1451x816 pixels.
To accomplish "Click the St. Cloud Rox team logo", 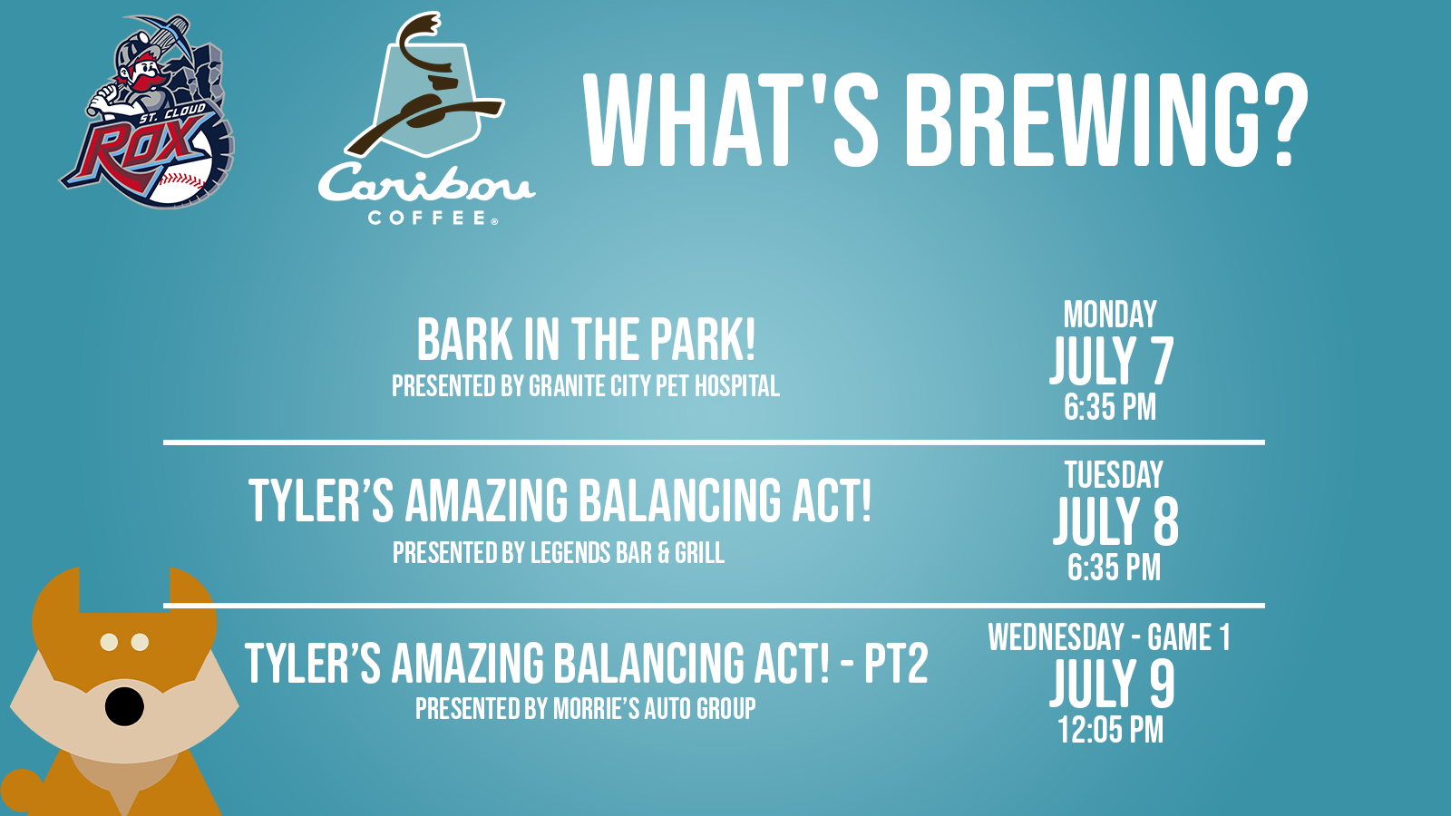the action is pos(148,112).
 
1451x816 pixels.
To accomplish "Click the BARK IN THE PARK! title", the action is pos(586,339).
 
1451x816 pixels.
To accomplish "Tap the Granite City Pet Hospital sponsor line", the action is pos(586,386).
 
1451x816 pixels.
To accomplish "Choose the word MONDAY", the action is pos(1110,315).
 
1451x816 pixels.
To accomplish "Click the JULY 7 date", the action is pos(1112,360).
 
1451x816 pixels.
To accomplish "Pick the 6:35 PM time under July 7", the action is pos(1110,407).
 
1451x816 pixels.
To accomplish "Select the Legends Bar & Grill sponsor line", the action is pos(559,553).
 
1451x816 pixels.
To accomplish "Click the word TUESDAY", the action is pos(1114,475).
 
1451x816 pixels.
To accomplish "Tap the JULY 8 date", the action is pos(1115,521).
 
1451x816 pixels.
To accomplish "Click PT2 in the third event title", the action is pos(896,663).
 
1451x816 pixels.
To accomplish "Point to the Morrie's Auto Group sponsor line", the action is pos(586,708).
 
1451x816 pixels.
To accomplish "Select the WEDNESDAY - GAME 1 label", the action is pos(1109,637).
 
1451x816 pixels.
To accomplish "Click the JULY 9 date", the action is pos(1112,684).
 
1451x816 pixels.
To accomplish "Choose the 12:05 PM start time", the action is pos(1110,730).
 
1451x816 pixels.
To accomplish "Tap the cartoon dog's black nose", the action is pos(124,706).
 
